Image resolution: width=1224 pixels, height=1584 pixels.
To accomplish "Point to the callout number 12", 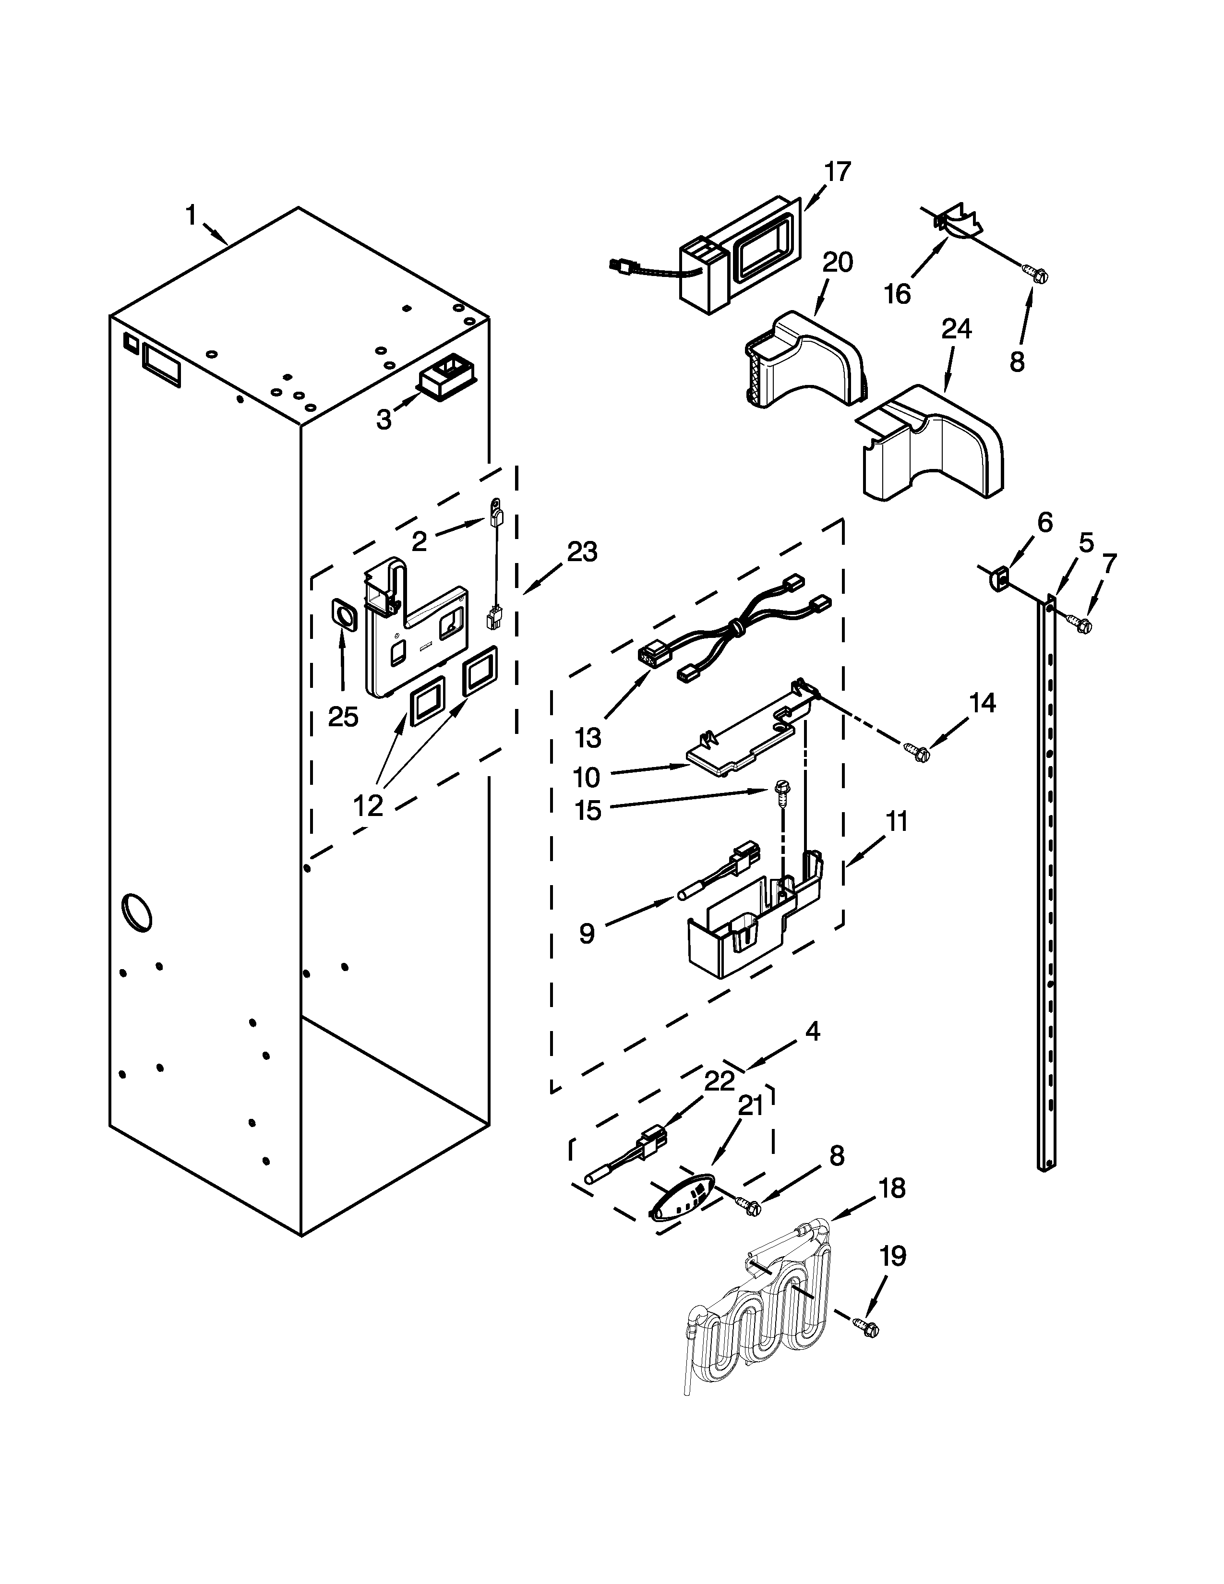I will (368, 805).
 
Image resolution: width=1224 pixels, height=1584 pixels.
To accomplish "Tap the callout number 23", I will (582, 552).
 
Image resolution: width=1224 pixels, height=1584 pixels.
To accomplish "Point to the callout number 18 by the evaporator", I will (892, 1189).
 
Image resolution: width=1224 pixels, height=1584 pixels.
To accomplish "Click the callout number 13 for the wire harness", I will (588, 738).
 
